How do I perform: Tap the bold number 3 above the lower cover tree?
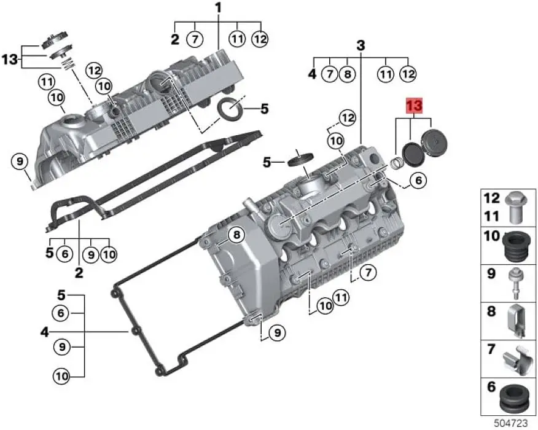[361, 45]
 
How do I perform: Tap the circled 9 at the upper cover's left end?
[20, 162]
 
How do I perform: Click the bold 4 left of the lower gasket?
[44, 332]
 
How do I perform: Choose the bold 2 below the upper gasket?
[79, 272]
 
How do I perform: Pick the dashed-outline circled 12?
[348, 117]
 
